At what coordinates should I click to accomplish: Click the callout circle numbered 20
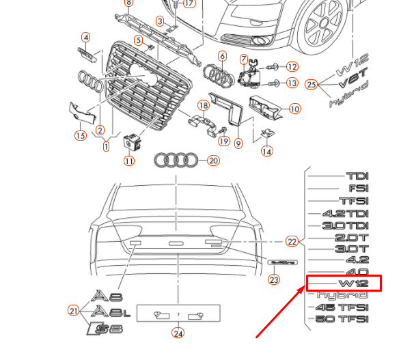213,161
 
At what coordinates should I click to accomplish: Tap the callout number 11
129,161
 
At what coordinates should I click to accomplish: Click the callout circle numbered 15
81,136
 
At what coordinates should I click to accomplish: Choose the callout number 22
292,241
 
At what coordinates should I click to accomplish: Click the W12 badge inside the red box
354,283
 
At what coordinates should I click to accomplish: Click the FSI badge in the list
358,188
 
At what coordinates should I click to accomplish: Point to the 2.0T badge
352,237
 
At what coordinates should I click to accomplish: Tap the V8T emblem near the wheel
354,83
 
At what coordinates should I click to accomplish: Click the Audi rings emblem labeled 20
176,161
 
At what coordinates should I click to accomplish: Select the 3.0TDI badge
346,225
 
